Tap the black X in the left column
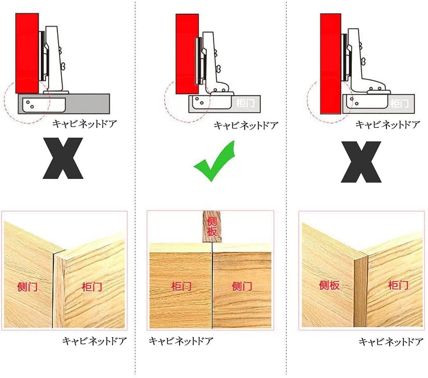[63, 158]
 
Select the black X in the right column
[361, 162]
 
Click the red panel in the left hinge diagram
[27, 53]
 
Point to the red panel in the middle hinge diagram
[187, 54]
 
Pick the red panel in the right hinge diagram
[330, 63]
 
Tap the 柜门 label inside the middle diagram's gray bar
[246, 103]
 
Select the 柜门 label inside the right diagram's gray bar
[399, 103]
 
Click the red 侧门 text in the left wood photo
[27, 287]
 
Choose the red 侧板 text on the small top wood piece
[212, 226]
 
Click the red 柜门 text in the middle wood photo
[181, 286]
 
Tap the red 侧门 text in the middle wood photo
[242, 286]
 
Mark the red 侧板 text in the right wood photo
[330, 285]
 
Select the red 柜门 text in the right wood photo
[398, 285]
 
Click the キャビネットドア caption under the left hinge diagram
[84, 124]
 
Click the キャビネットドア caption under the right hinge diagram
[388, 125]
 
